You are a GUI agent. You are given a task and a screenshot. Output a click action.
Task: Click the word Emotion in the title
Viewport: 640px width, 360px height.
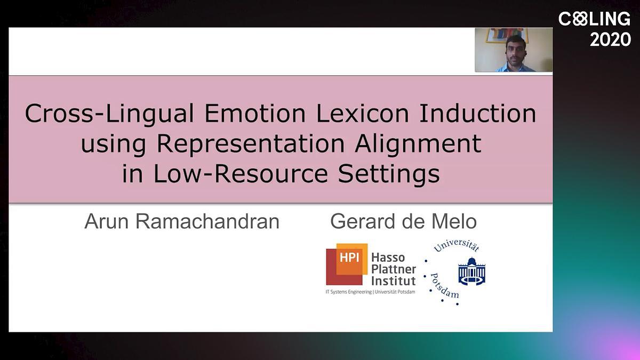(x=255, y=114)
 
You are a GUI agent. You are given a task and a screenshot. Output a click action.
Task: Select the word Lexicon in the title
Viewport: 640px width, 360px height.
(x=362, y=114)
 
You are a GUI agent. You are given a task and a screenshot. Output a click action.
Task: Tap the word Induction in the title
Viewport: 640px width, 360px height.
(x=477, y=114)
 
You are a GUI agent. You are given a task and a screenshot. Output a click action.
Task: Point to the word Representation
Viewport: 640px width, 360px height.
(x=251, y=145)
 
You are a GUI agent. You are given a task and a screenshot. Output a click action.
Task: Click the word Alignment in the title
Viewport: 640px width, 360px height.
(x=418, y=145)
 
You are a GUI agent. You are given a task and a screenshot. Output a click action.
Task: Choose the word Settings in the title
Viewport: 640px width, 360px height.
(x=389, y=175)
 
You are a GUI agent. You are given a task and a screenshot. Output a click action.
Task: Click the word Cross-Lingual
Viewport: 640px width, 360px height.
(x=109, y=114)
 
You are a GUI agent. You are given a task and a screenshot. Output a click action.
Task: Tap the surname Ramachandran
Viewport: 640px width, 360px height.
(x=207, y=221)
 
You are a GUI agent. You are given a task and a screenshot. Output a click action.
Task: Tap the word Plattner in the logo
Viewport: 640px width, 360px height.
(x=394, y=269)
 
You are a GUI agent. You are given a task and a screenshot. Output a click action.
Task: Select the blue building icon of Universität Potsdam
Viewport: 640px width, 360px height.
(x=471, y=271)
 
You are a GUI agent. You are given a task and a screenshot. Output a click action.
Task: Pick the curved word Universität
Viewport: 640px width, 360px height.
(x=457, y=246)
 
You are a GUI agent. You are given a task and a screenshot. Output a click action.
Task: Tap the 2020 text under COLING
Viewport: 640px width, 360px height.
(x=610, y=39)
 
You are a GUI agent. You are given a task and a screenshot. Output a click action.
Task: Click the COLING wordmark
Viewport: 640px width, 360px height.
(x=594, y=19)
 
